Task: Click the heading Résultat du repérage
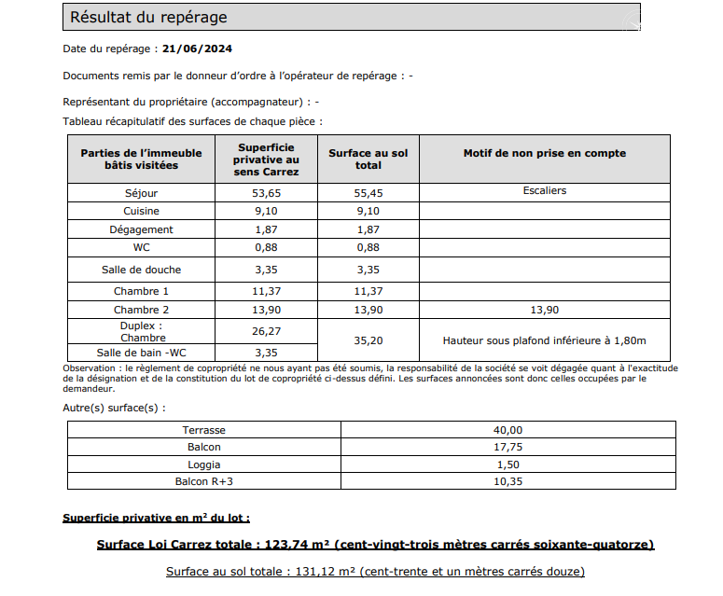[x=148, y=18]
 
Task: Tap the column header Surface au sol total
[x=368, y=159]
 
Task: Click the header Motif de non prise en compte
[x=544, y=153]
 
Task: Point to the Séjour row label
[x=142, y=193]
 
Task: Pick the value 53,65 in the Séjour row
[x=268, y=193]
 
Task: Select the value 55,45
[x=368, y=193]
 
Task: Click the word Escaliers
[x=545, y=190]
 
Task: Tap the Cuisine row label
[x=142, y=212]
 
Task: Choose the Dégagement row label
[x=142, y=229]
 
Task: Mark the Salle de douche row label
[x=142, y=270]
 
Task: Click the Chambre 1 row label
[x=142, y=292]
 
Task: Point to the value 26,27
[x=268, y=330]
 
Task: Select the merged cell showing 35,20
[x=368, y=341]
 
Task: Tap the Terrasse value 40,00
[x=508, y=430]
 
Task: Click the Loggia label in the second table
[x=204, y=464]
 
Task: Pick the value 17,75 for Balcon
[x=508, y=447]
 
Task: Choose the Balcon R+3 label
[x=204, y=481]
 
